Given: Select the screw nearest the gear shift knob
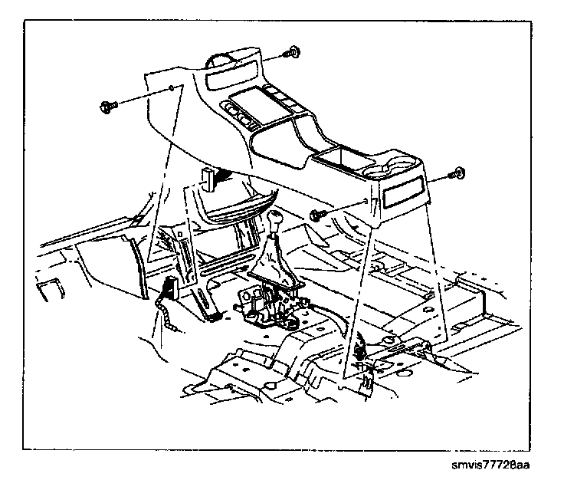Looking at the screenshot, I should (318, 217).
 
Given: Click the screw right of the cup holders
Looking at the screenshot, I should (458, 175).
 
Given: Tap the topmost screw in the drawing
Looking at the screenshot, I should (291, 54).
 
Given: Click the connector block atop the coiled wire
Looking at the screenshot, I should (169, 289).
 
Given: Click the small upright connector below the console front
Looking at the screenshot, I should (208, 178).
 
